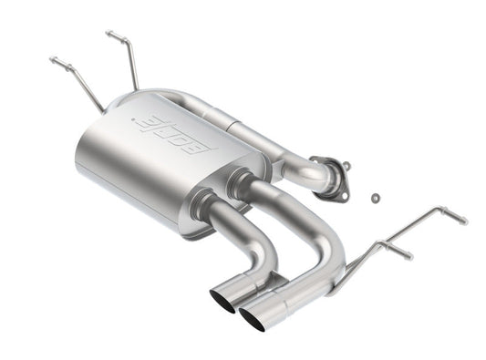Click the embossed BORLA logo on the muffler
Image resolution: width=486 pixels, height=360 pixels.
pos(174,134)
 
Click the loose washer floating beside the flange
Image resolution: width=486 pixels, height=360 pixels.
pos(376,196)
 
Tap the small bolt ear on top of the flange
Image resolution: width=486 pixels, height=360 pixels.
pos(346,165)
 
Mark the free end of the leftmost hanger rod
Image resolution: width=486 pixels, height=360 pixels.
pos(53,60)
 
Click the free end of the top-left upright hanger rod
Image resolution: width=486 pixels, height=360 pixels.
pos(109,34)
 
